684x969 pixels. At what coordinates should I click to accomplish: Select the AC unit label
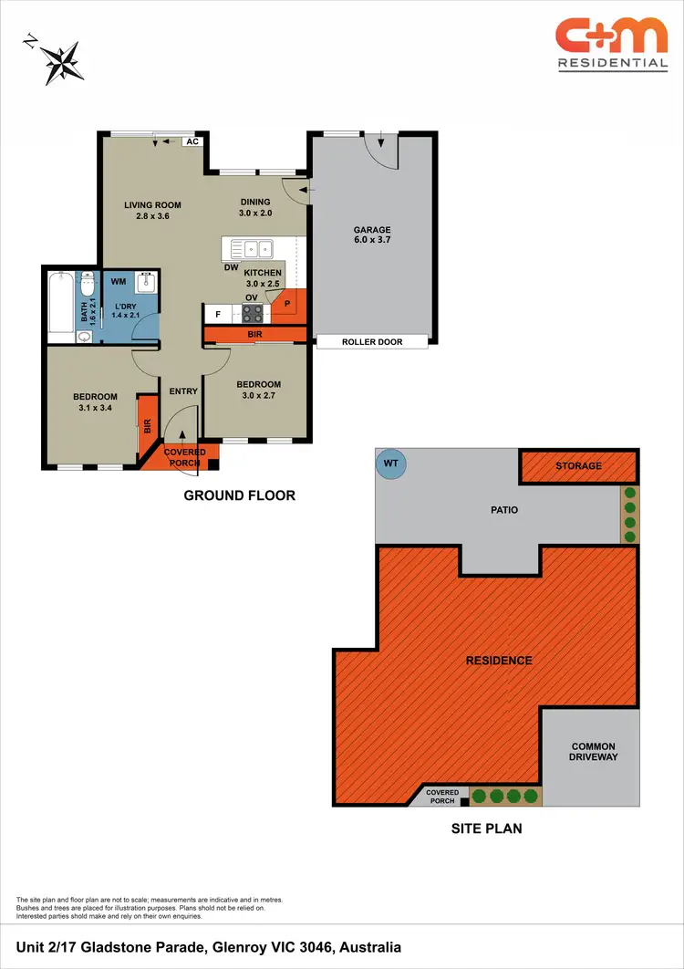(192, 141)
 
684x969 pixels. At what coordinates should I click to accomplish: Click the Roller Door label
(372, 342)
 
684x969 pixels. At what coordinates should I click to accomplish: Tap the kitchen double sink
(253, 247)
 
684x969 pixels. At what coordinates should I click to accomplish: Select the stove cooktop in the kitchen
(253, 314)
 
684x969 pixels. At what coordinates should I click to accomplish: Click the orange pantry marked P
(286, 304)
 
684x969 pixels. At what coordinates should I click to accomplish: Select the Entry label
(183, 391)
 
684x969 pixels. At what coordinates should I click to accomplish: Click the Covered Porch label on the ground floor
(184, 457)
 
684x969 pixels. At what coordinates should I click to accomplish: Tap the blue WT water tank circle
(391, 464)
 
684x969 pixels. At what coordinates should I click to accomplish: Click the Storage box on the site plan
(578, 466)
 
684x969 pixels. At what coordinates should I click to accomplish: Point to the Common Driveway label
(593, 752)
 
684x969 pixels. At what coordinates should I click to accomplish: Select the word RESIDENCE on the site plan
(499, 660)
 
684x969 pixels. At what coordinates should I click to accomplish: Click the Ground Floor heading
(240, 495)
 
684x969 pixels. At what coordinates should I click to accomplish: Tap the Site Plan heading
(487, 829)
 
